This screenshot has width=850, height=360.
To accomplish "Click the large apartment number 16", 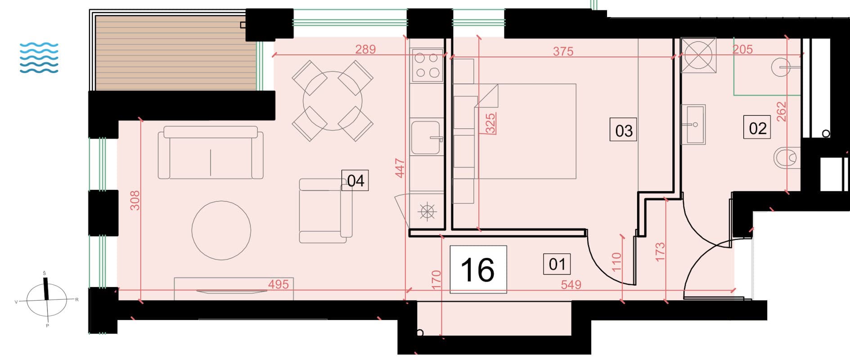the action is point(478,270).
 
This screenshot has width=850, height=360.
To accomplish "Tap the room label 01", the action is point(557,264).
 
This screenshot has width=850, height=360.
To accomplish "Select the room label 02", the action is point(757,128).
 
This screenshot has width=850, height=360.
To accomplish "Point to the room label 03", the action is point(623,130).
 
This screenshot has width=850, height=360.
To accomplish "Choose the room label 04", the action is point(355,180).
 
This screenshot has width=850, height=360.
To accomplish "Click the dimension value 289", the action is point(365,49).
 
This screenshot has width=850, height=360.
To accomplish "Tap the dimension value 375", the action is point(563,51).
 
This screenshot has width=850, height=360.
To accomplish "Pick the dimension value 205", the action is point(742,49).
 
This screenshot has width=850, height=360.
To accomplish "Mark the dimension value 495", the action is point(279,284).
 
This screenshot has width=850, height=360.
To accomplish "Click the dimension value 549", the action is point(571,284).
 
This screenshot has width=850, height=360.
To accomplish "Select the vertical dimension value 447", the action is point(400,168).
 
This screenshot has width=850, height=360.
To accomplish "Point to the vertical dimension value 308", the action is point(135,201).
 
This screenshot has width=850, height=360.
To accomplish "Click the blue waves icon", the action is point(39,58).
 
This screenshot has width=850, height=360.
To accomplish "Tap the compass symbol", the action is point(47,299).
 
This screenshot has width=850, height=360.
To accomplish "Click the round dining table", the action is point(333,101).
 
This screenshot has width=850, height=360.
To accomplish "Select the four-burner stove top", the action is point(427,65).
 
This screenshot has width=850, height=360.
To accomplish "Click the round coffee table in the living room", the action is point(221,230).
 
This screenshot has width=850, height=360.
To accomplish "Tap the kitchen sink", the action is point(426,138).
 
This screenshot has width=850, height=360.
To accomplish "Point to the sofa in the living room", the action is point(211,153).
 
